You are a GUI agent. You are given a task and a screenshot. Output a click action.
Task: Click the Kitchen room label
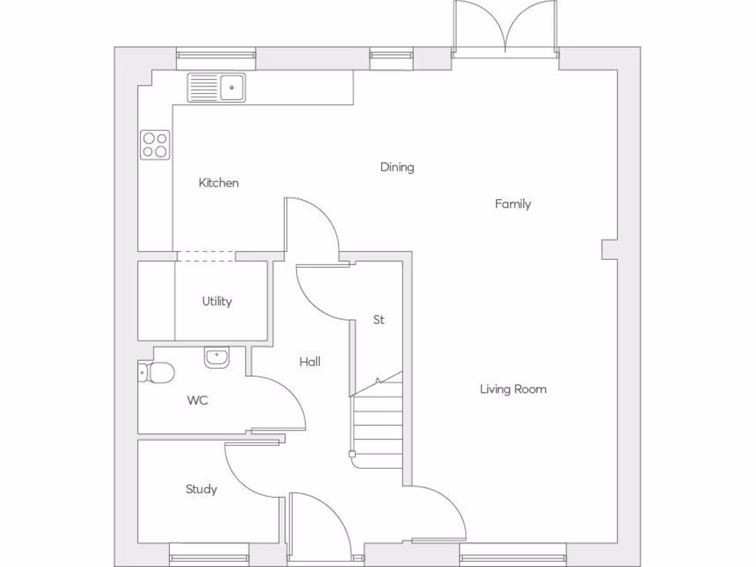point(219,182)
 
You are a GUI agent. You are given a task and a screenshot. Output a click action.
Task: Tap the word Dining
point(397,167)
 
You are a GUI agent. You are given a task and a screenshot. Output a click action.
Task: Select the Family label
point(512,204)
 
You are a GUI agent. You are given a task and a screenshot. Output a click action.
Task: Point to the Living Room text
point(513,389)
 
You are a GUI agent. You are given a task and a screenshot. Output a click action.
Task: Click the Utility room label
point(217,301)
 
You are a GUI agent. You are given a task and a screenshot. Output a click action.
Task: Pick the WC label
point(197,401)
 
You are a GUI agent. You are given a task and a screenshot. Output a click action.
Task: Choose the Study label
point(201,489)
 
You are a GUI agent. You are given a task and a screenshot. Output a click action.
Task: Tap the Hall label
point(310,362)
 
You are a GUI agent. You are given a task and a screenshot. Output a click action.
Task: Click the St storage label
point(379,320)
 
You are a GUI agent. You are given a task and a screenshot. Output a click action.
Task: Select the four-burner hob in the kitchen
point(155,145)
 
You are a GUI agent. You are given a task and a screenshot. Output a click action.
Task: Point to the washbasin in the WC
point(216,357)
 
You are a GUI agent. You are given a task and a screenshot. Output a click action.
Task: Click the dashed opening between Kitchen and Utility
point(206,256)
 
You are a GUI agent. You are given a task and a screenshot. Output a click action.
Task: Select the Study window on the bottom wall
point(209,554)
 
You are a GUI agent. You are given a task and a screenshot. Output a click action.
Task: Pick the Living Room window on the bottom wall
point(512,554)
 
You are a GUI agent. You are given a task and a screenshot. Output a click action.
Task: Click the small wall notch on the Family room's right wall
point(609,250)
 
